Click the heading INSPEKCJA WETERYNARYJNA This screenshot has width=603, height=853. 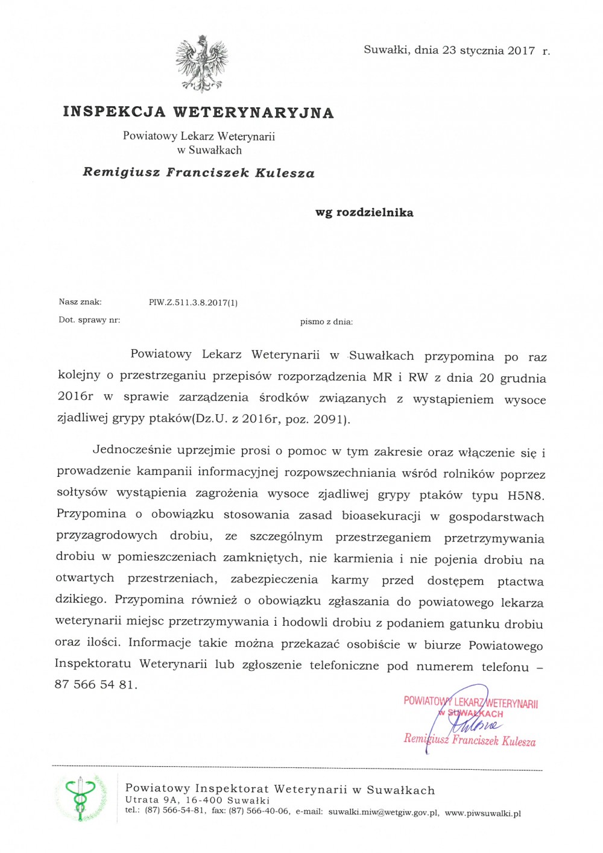pyautogui.click(x=198, y=112)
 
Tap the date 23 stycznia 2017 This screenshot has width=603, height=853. pyautogui.click(x=488, y=51)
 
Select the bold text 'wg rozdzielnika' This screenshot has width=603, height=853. pyautogui.click(x=364, y=213)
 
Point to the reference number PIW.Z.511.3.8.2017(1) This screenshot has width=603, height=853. pyautogui.click(x=193, y=303)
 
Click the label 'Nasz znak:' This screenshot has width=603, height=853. pyautogui.click(x=80, y=302)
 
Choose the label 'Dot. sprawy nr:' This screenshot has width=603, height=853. pyautogui.click(x=89, y=320)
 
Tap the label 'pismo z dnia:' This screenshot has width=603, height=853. pyautogui.click(x=326, y=322)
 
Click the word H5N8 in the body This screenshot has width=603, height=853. pyautogui.click(x=525, y=496)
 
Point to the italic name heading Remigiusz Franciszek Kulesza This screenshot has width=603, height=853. pyautogui.click(x=198, y=173)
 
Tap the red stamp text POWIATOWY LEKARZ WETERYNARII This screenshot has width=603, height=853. pyautogui.click(x=471, y=702)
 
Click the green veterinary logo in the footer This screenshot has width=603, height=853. pyautogui.click(x=81, y=798)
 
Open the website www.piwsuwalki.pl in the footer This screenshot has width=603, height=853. pyautogui.click(x=482, y=813)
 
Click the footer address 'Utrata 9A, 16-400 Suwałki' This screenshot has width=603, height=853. pyautogui.click(x=197, y=801)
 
